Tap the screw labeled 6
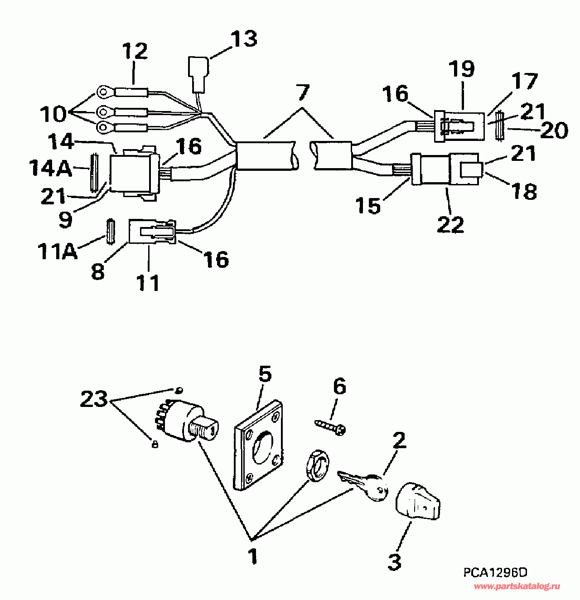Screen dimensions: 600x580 (x=330, y=426)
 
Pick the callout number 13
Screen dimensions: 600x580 (x=244, y=39)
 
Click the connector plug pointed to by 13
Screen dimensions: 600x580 (x=198, y=73)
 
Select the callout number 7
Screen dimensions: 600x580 (x=303, y=92)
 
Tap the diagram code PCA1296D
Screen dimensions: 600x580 (x=495, y=573)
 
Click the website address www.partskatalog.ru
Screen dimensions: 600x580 (x=517, y=587)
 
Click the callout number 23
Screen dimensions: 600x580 (x=94, y=399)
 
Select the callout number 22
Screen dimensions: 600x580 (x=450, y=224)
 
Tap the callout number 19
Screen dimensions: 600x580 (x=462, y=68)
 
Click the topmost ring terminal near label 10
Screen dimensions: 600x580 (x=105, y=93)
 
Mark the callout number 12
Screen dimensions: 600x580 (x=135, y=51)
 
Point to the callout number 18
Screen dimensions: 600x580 (x=524, y=191)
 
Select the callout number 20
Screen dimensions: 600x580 (x=554, y=131)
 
